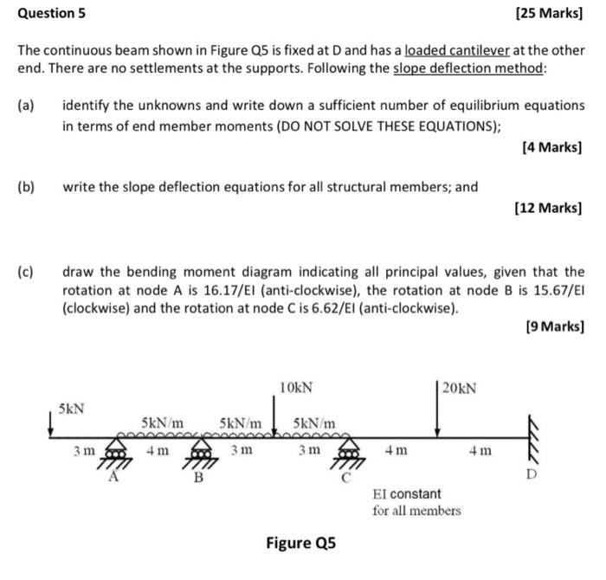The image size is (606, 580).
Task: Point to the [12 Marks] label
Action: [550, 208]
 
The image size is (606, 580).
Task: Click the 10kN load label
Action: [297, 385]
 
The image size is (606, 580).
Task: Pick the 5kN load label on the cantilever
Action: [72, 407]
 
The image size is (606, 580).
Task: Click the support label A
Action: [113, 475]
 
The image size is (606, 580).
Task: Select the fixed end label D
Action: [532, 476]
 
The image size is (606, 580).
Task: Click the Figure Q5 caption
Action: [299, 543]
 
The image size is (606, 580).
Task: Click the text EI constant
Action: [406, 493]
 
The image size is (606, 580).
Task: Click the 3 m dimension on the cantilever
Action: [83, 451]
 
